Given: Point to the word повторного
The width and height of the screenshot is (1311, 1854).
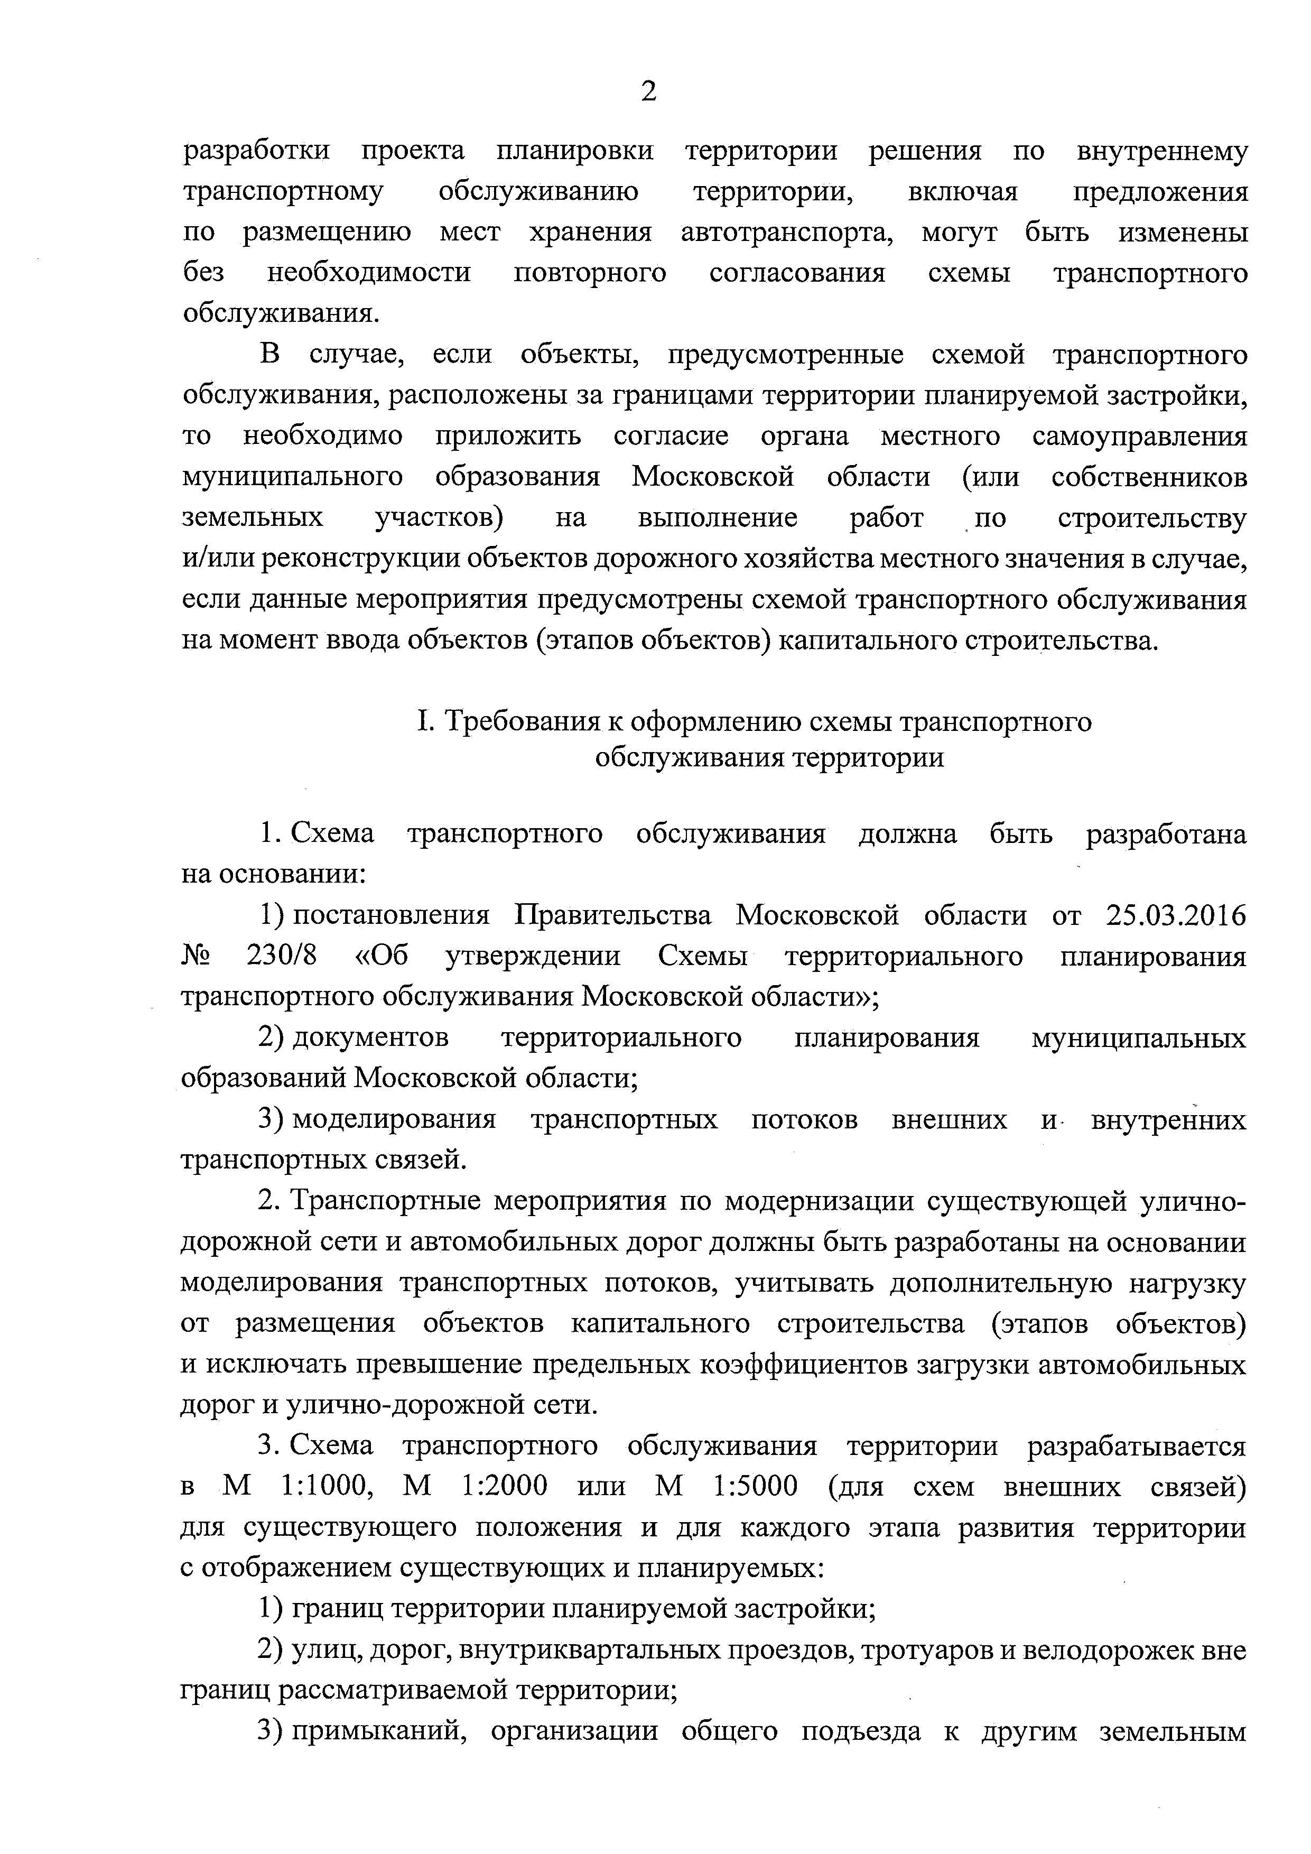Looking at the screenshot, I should [x=590, y=274].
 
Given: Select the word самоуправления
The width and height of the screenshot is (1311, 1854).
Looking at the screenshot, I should [x=1140, y=437].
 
